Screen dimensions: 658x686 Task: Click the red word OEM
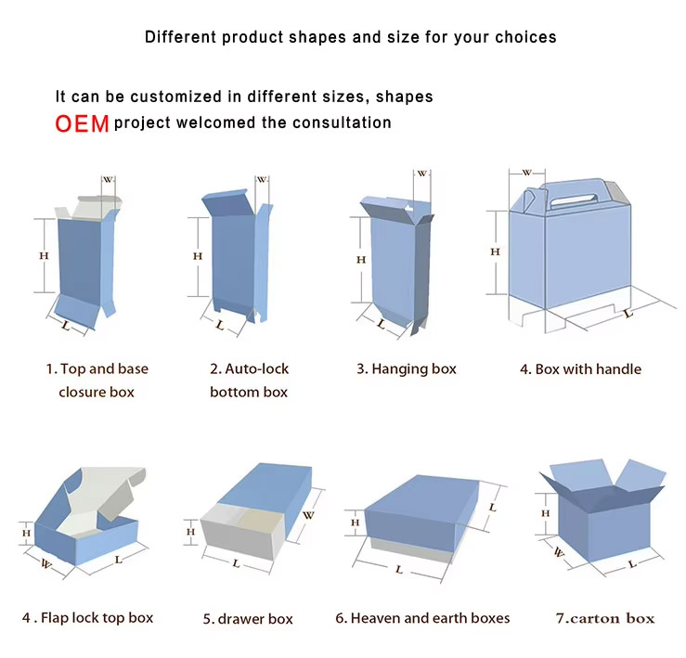83,123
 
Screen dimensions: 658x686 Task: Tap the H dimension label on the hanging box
361,260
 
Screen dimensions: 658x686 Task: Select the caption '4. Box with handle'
580,369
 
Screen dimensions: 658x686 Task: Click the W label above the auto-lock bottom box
262,180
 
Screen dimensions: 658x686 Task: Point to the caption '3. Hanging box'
407,368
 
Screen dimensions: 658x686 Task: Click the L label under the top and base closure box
65,326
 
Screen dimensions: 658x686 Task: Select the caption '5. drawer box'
248,619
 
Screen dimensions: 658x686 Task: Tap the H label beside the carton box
546,513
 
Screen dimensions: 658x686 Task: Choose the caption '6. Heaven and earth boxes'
422,618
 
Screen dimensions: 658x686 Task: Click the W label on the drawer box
308,515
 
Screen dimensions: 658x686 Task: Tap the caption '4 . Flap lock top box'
88,618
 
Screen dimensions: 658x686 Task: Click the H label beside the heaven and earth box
355,523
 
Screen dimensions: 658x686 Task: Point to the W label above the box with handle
527,173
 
